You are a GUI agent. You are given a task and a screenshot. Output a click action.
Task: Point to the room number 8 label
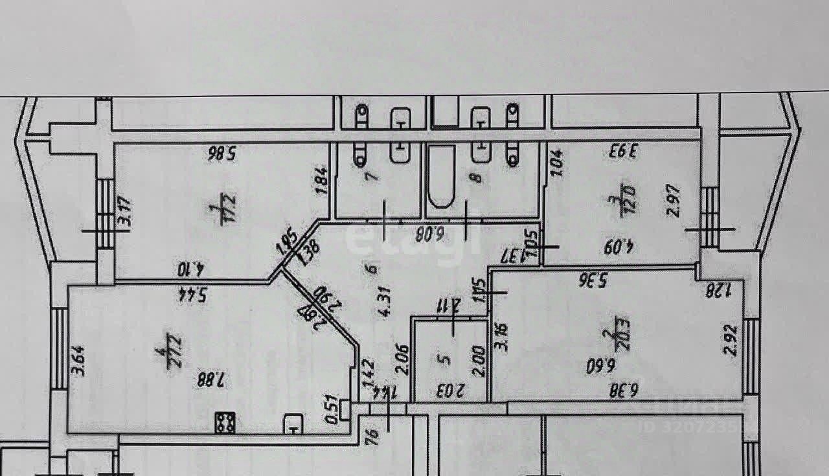479,176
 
